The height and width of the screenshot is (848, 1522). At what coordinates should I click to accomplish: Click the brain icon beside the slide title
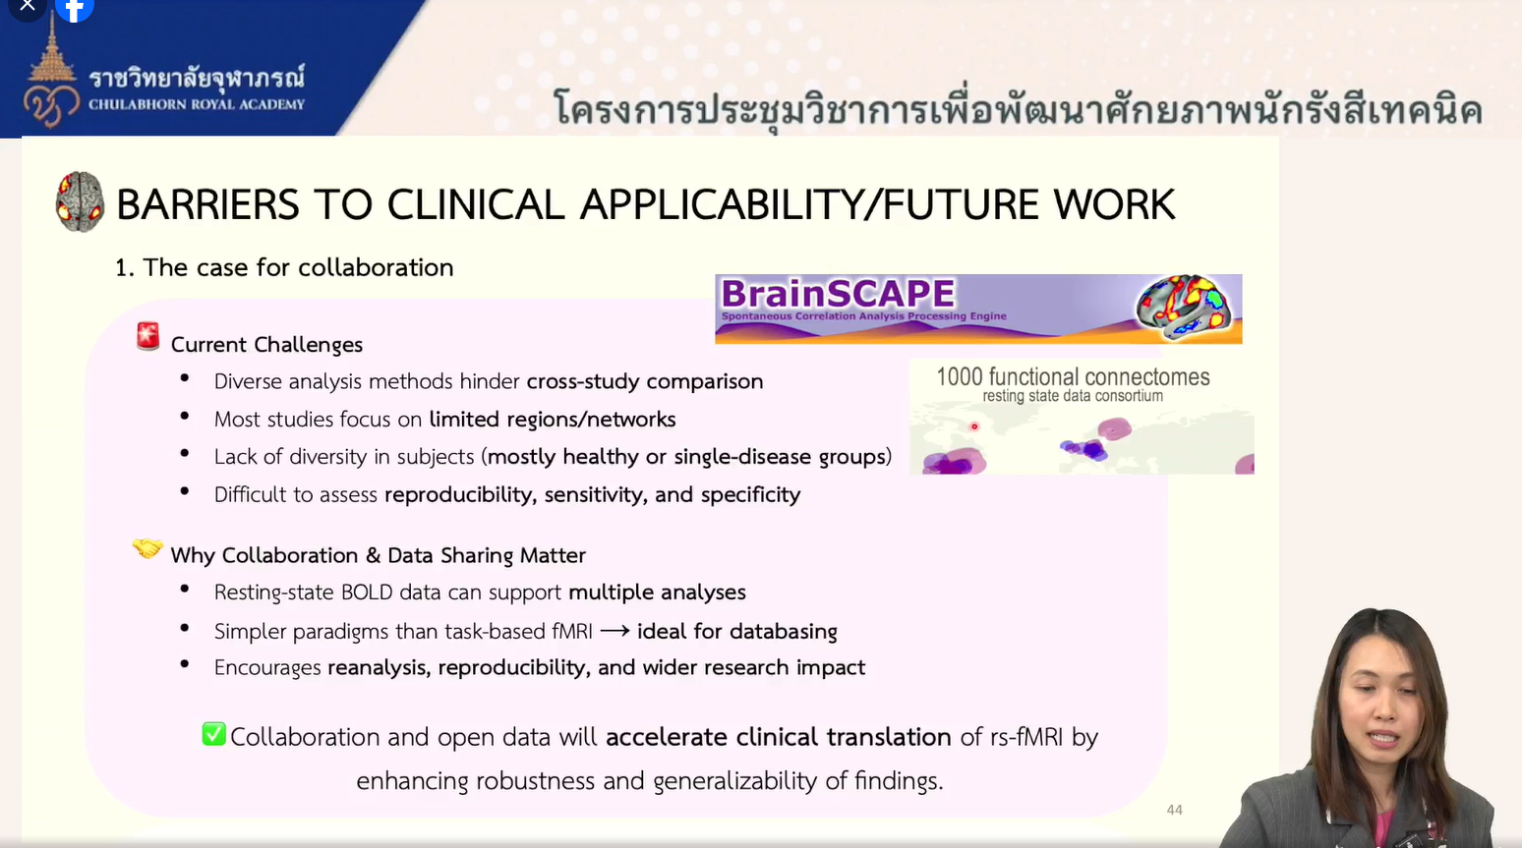(x=81, y=201)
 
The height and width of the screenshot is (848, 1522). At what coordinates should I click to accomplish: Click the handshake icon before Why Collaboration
(x=147, y=548)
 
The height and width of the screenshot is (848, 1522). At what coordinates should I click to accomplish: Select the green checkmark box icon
(x=214, y=734)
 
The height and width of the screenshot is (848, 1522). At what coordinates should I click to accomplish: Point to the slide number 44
(x=1175, y=810)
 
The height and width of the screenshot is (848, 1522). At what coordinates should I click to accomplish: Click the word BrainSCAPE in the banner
(x=838, y=294)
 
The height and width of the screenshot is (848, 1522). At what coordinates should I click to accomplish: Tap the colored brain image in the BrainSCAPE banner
(x=1186, y=307)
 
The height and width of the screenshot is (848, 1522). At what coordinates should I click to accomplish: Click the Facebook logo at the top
(x=74, y=9)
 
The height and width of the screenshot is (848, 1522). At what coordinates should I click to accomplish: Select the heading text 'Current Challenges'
(x=266, y=345)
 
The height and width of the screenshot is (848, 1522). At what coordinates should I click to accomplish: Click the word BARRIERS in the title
(x=207, y=204)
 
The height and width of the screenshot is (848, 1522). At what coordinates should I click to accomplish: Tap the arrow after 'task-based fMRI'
(x=615, y=632)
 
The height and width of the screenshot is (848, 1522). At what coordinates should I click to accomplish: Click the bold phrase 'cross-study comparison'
(x=645, y=381)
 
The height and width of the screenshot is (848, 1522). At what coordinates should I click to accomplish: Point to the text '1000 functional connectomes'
(x=1073, y=376)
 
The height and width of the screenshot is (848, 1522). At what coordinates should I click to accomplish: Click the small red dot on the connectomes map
(x=974, y=426)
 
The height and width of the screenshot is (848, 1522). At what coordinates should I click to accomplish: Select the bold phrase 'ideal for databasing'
(x=737, y=632)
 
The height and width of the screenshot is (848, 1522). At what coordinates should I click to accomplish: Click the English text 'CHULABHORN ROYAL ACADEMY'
(x=197, y=104)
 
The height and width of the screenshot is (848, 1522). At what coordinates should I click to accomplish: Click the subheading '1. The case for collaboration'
(x=284, y=267)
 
